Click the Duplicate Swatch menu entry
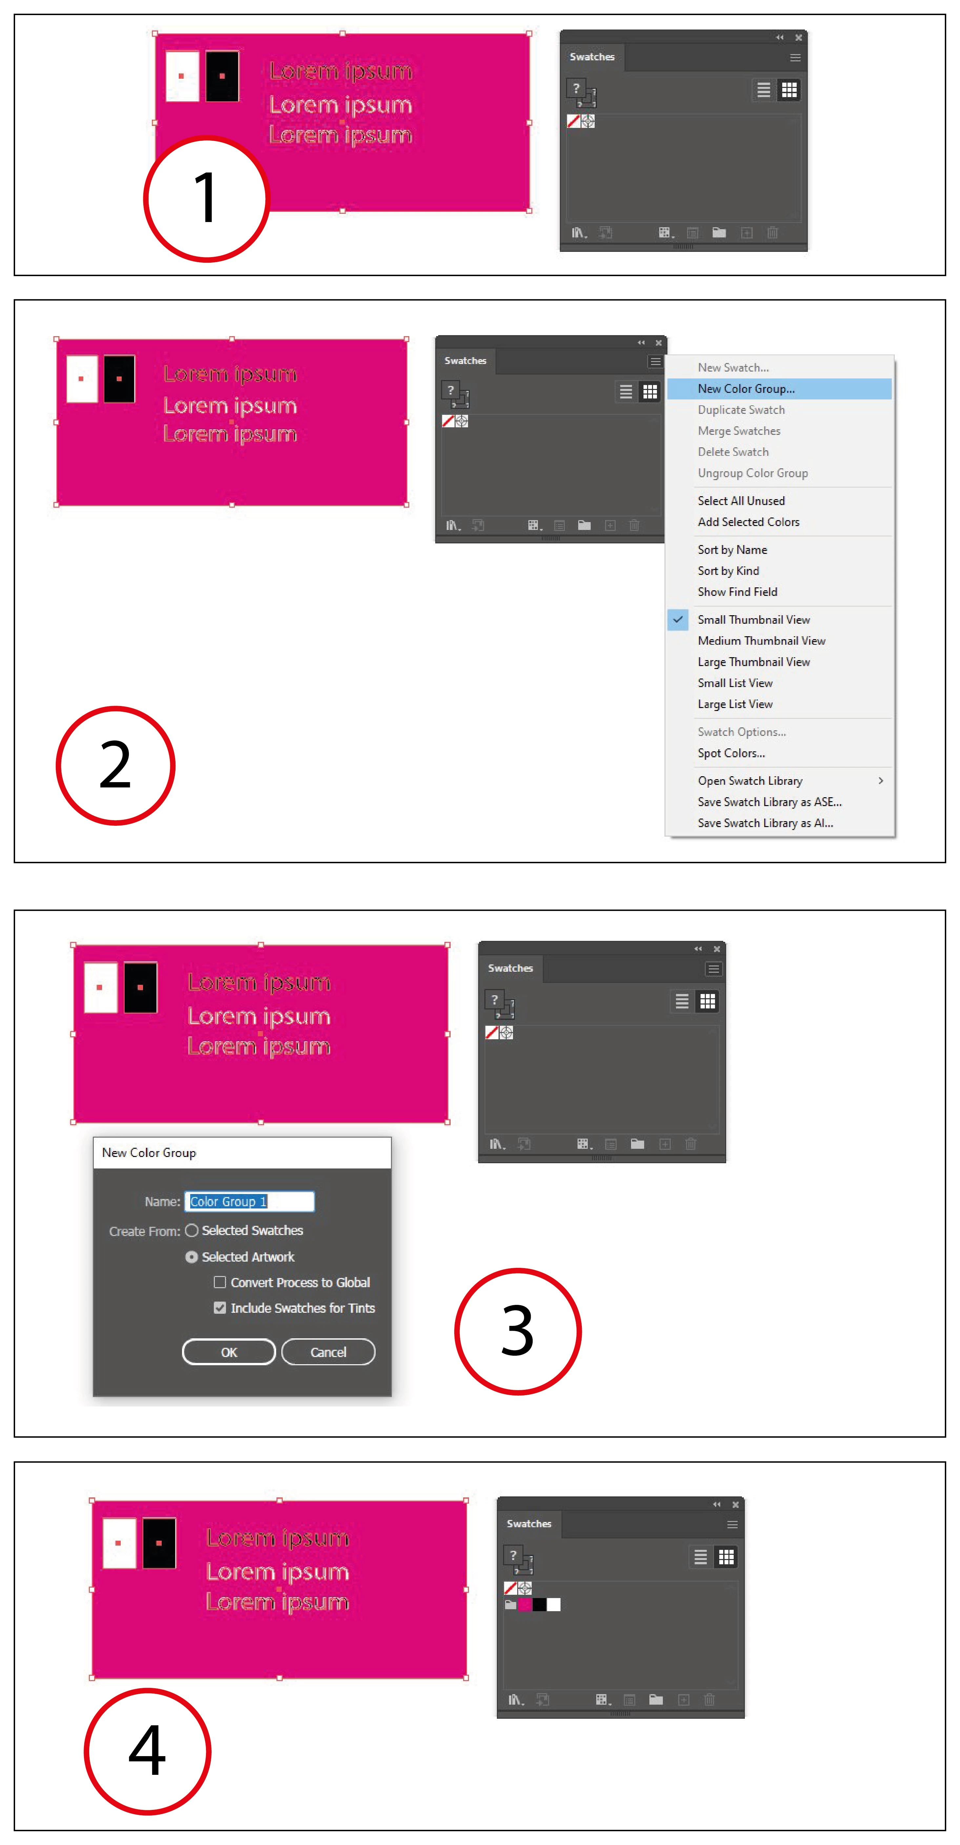coord(741,410)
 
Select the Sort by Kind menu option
coord(728,571)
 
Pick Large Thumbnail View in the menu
coord(754,662)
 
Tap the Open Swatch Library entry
coord(749,781)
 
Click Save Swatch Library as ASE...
coord(769,802)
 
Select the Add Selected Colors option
coord(748,522)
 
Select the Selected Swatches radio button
coord(191,1230)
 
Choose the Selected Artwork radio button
coord(191,1257)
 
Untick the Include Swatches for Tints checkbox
coord(220,1308)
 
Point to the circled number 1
coord(206,198)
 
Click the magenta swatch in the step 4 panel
coord(525,1604)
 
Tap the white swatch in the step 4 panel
coord(554,1604)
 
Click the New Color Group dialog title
coord(149,1152)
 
